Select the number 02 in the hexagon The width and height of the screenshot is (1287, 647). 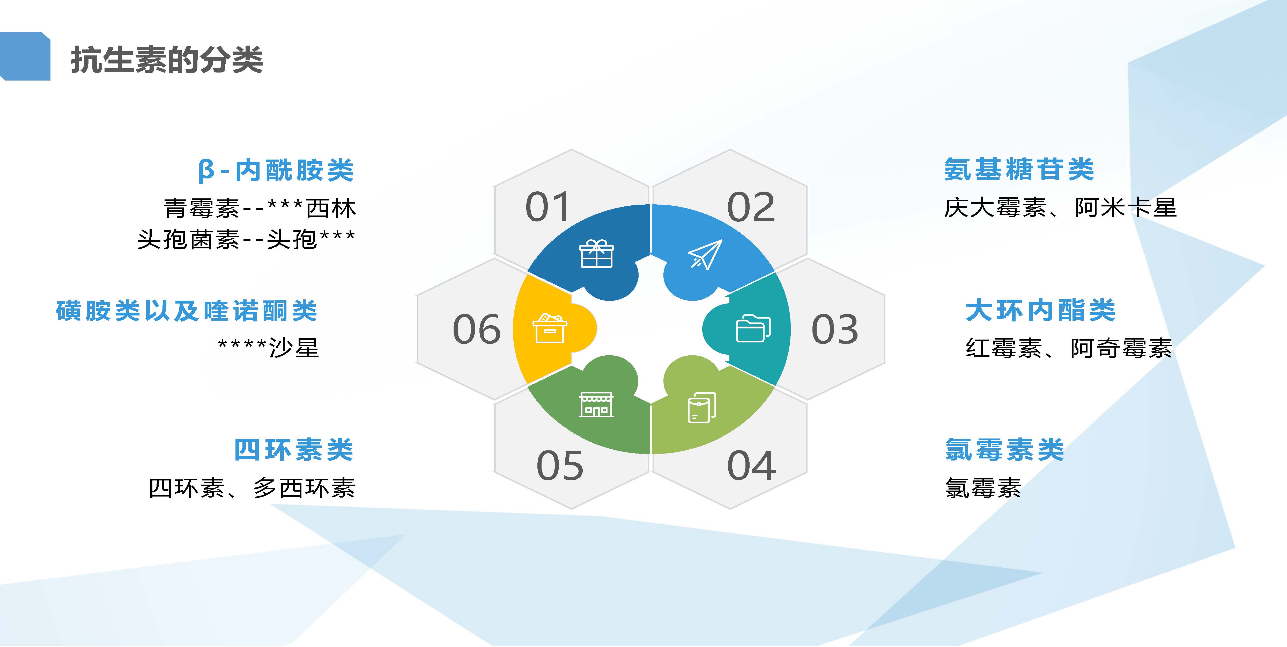pos(751,207)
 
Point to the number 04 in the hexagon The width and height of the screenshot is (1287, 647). pos(751,465)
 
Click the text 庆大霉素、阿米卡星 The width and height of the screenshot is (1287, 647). pos(1060,207)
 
